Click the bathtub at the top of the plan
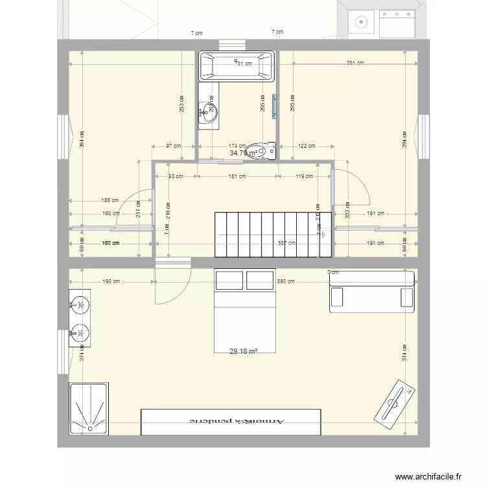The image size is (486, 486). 237,66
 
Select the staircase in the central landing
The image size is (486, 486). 273,234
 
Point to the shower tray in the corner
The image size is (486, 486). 89,406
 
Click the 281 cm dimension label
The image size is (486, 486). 354,63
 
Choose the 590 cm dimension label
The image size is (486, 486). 286,281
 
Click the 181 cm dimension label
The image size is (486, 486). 237,176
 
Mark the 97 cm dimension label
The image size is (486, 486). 172,146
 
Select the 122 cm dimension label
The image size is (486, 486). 307,146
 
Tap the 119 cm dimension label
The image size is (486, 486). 304,176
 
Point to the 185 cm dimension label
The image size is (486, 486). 111,200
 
